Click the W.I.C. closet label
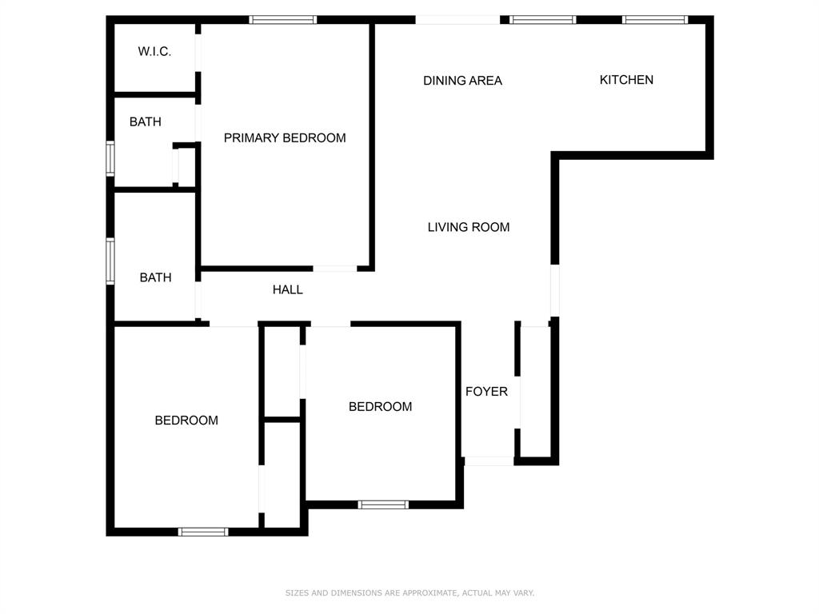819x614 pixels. (x=154, y=52)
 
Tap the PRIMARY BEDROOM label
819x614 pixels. (x=285, y=138)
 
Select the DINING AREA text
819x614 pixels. (x=462, y=80)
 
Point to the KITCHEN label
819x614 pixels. (x=626, y=80)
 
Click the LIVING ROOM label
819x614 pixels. (x=468, y=227)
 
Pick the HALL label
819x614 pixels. (x=287, y=289)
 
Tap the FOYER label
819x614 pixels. (x=486, y=391)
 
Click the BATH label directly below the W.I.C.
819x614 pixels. (x=145, y=122)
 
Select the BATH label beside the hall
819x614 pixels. (x=155, y=277)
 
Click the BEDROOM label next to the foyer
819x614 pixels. (x=380, y=406)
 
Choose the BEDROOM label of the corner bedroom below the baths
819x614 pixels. (x=186, y=420)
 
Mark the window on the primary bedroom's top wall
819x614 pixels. (x=282, y=20)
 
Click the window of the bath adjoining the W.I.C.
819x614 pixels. (x=110, y=157)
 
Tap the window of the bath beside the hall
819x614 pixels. (x=110, y=260)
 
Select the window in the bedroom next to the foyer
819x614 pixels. (x=383, y=504)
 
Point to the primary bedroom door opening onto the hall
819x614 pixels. (x=334, y=269)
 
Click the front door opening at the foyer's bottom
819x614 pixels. (x=489, y=460)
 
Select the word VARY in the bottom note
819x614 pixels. (x=523, y=593)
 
